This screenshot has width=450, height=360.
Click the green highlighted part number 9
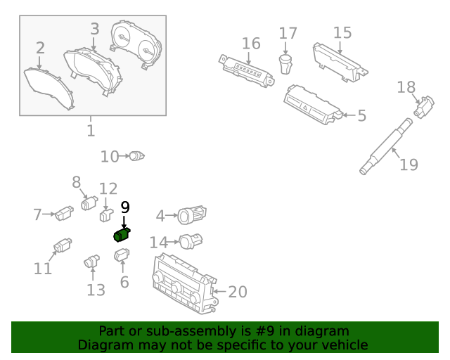pyautogui.click(x=122, y=235)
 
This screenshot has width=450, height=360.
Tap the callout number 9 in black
pyautogui.click(x=125, y=207)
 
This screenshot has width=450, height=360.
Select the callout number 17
pyautogui.click(x=288, y=33)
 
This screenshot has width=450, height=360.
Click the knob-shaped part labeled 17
pyautogui.click(x=286, y=64)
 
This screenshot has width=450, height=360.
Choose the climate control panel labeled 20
pyautogui.click(x=182, y=283)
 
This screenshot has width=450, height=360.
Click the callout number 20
pyautogui.click(x=238, y=291)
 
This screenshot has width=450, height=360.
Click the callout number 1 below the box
pyautogui.click(x=91, y=131)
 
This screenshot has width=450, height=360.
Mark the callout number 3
pyautogui.click(x=95, y=29)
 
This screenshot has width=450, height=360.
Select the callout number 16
pyautogui.click(x=251, y=44)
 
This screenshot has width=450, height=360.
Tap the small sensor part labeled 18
pyautogui.click(x=425, y=108)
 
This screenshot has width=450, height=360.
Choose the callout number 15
pyautogui.click(x=342, y=32)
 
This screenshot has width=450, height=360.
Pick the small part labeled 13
pyautogui.click(x=92, y=262)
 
